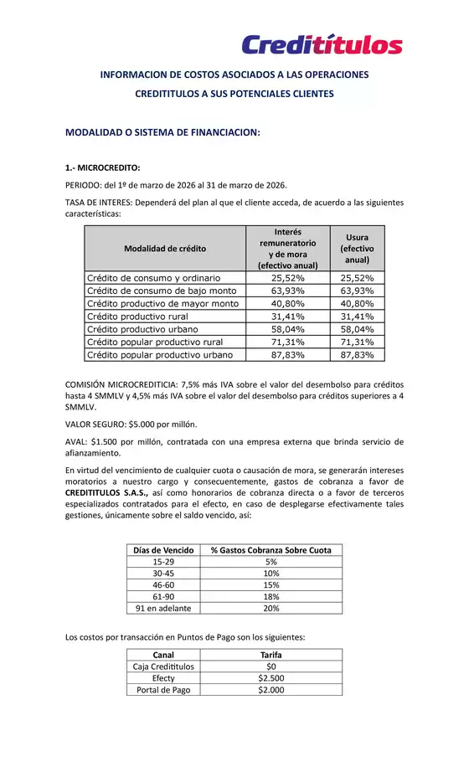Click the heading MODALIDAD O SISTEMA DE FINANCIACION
click(x=162, y=132)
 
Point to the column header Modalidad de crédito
click(x=165, y=248)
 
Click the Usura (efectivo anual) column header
click(x=357, y=248)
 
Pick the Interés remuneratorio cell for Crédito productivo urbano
click(x=287, y=329)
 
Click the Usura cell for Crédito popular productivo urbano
click(x=357, y=355)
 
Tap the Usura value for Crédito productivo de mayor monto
click(x=357, y=303)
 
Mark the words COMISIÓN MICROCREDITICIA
click(x=121, y=383)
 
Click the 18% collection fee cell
click(x=271, y=596)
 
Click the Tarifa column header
click(x=271, y=654)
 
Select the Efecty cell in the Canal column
click(x=163, y=678)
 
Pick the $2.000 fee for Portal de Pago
click(x=271, y=690)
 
